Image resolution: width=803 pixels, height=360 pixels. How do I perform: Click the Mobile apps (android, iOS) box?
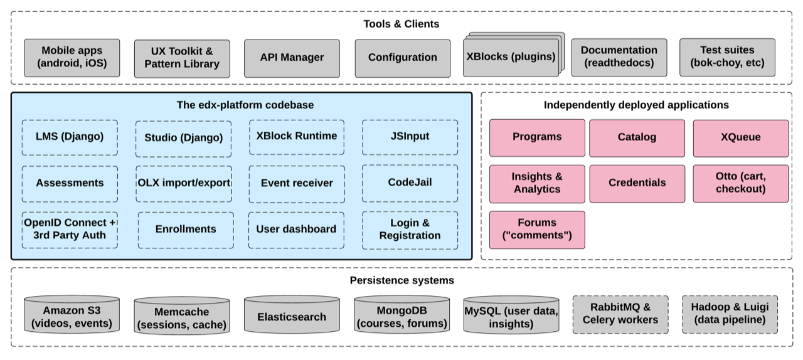click(x=72, y=58)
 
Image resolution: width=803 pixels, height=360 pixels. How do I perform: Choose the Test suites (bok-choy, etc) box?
click(x=727, y=57)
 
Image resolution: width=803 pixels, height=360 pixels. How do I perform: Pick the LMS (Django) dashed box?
click(x=70, y=137)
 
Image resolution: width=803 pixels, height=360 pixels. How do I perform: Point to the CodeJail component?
click(x=410, y=183)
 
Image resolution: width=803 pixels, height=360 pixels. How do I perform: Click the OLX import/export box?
click(x=183, y=184)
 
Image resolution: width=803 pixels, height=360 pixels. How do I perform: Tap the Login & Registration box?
click(x=410, y=230)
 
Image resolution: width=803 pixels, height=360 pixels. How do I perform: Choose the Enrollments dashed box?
click(x=186, y=230)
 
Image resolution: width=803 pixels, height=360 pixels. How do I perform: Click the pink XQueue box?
click(x=740, y=138)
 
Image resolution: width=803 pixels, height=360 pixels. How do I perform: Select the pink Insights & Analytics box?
click(x=537, y=184)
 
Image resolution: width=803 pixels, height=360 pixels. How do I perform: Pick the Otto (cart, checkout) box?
click(x=740, y=184)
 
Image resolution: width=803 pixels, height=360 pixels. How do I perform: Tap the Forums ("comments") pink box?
click(x=537, y=230)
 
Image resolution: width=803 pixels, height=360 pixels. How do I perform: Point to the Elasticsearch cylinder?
click(x=292, y=316)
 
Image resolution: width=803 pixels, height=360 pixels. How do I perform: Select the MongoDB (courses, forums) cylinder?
click(x=401, y=316)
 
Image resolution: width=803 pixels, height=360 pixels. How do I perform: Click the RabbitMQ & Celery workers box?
click(x=620, y=314)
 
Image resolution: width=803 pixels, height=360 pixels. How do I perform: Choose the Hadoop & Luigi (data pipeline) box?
click(x=730, y=314)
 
